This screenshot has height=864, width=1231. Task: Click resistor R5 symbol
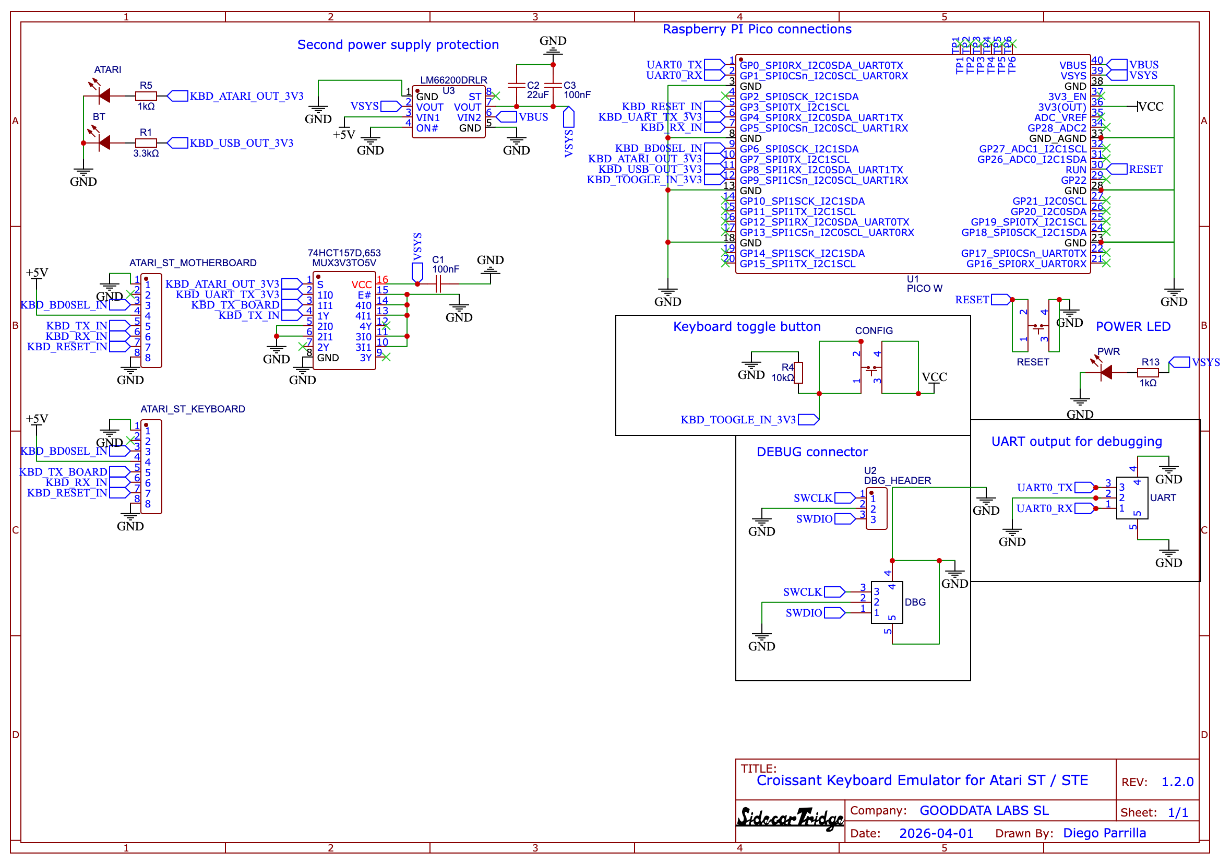[146, 96]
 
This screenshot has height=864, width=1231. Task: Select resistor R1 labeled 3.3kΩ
[146, 143]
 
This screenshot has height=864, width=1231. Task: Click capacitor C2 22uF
[516, 86]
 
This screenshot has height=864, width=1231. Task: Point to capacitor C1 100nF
[438, 284]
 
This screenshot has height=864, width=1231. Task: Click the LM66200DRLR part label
[453, 80]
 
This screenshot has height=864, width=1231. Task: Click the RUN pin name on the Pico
[1075, 170]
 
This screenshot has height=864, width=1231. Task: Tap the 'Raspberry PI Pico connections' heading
[757, 30]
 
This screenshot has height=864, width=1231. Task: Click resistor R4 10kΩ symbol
[798, 373]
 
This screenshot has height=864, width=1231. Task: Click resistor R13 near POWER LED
[1148, 373]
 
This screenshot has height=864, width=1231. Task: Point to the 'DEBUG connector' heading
[812, 452]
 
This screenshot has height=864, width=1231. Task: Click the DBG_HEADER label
[897, 480]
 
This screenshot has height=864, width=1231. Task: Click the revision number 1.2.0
[1177, 782]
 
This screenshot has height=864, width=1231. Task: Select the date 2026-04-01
[936, 833]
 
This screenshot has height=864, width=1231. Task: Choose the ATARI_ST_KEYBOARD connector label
[193, 409]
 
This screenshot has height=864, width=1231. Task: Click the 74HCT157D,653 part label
[344, 253]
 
